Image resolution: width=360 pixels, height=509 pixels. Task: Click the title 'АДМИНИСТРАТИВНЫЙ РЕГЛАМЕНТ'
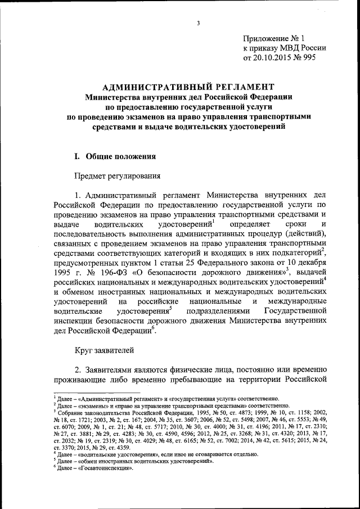188,87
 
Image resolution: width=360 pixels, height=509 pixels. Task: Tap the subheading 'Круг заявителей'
105,350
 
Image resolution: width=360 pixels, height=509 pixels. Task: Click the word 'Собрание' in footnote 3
73,412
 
